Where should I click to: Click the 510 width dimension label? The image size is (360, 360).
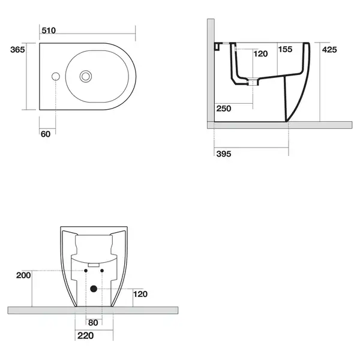click(x=49, y=31)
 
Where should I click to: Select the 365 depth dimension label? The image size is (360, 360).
click(x=17, y=50)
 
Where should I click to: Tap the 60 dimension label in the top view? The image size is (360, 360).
click(x=46, y=134)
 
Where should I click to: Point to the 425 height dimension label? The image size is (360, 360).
click(x=329, y=50)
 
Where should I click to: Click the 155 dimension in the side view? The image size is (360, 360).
click(x=285, y=49)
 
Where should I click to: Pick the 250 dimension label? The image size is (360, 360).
click(x=224, y=109)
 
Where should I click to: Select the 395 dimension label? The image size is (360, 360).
click(x=224, y=154)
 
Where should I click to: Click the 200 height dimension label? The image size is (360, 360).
click(x=23, y=275)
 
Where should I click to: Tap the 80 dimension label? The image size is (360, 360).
click(x=93, y=323)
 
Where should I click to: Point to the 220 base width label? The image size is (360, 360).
click(x=85, y=335)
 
